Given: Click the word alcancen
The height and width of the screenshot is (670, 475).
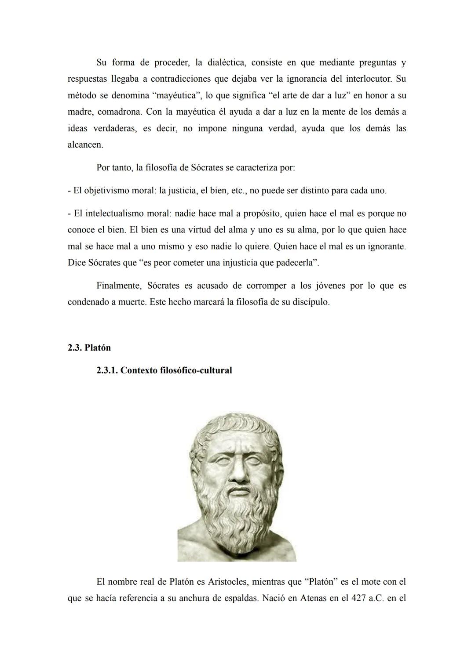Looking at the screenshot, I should point(85,145).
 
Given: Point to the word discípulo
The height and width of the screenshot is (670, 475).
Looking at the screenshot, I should point(311,302).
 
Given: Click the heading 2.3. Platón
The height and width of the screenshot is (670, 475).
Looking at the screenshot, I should point(89,348).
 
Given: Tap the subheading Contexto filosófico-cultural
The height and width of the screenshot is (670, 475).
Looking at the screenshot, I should point(176,370).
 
